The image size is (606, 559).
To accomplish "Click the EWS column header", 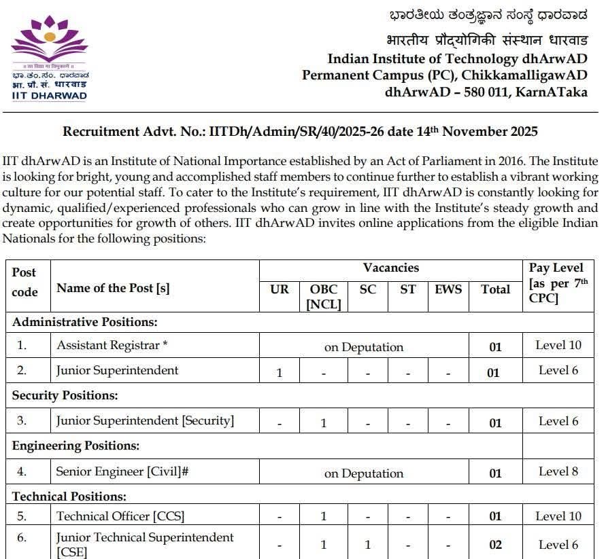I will click(x=448, y=289).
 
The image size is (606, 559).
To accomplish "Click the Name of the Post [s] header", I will click(x=113, y=288).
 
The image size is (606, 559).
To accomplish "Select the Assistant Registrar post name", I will click(x=112, y=345).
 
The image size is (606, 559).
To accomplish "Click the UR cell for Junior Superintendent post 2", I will click(x=280, y=373).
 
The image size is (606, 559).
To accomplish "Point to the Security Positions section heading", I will click(x=65, y=395).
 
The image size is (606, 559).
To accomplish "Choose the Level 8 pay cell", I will click(x=558, y=471).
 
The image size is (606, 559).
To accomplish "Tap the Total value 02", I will click(x=495, y=545).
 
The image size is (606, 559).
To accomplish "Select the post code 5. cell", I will click(x=22, y=516).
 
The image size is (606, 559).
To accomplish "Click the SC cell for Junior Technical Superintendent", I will click(x=368, y=545).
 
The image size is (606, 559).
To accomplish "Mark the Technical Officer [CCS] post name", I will click(x=120, y=516).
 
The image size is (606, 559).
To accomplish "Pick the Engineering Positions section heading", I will click(x=75, y=446).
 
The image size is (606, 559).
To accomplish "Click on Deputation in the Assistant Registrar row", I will click(x=364, y=347).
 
